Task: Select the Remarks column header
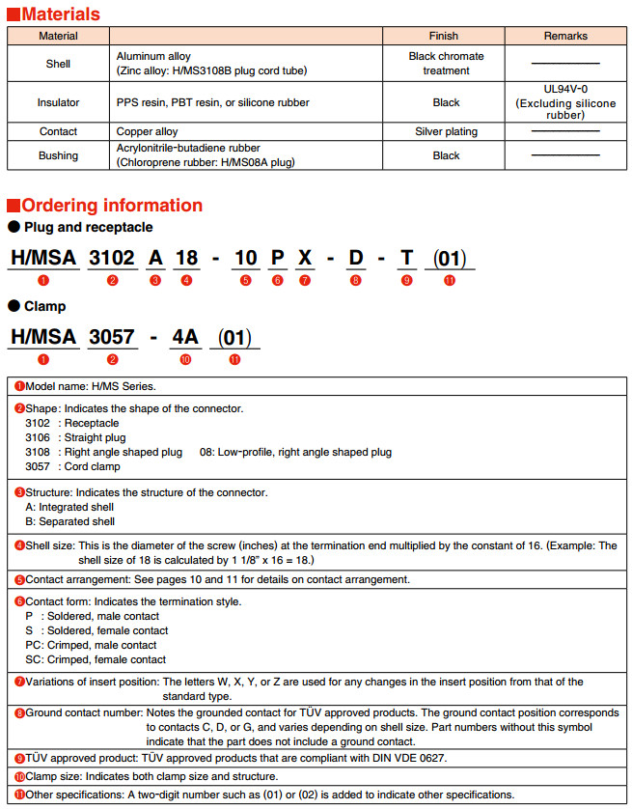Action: [x=565, y=36]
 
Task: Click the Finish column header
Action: [x=446, y=36]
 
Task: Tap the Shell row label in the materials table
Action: [x=58, y=64]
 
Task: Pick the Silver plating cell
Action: [x=446, y=131]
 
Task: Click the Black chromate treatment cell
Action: [x=446, y=64]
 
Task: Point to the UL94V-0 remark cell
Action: [x=565, y=101]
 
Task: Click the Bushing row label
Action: [x=58, y=155]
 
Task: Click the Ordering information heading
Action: [x=111, y=205]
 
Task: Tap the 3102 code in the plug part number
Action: [x=113, y=258]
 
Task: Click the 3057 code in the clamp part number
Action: [x=113, y=337]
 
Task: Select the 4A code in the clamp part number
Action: [x=185, y=337]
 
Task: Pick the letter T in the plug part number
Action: [x=406, y=258]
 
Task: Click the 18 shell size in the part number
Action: [x=187, y=258]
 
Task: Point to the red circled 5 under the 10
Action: [x=246, y=280]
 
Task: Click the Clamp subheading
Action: [x=44, y=306]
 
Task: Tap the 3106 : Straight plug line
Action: [x=75, y=437]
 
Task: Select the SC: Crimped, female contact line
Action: [x=96, y=659]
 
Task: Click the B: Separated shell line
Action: [x=69, y=521]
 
